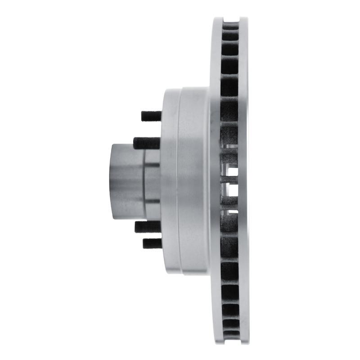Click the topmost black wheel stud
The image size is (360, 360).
pos(151,116)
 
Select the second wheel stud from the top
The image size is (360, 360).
pos(147,143)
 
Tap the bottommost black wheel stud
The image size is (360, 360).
pos(152,243)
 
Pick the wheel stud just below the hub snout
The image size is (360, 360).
pos(148,226)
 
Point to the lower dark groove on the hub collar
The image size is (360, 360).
pos(152,201)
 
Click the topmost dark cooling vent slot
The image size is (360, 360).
pos(231,27)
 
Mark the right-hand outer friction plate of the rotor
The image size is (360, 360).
pos(243,180)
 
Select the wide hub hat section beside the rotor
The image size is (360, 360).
pos(193,180)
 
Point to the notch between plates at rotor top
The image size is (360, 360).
pos(231,19)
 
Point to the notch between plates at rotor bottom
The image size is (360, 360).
pos(231,341)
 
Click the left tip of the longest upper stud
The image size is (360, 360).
pos(135,143)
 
